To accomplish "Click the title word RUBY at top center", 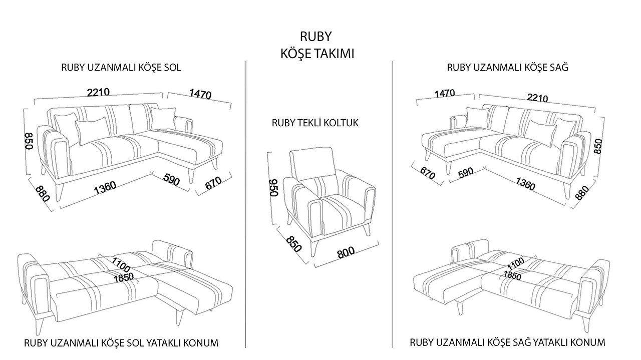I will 316,37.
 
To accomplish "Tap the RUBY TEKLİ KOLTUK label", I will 315,123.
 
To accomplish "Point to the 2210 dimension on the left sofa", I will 98,92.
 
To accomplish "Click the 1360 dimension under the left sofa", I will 105,187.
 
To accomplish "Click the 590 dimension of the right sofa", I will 465,173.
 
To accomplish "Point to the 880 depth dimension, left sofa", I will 43,193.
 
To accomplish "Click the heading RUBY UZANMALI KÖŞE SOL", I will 121,67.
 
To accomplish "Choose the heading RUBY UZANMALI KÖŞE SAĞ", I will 507,67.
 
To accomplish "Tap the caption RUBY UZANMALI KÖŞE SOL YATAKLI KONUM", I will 121,343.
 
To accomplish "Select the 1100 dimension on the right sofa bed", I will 515,262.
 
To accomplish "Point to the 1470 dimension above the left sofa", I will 200,94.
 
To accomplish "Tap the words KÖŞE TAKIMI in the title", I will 317,54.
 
